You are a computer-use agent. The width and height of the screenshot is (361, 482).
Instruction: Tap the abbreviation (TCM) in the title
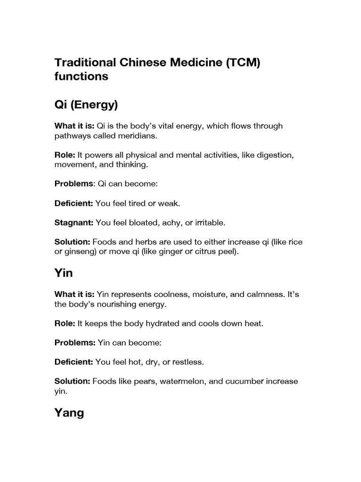click(239, 63)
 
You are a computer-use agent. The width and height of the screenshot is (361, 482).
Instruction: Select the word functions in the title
click(81, 76)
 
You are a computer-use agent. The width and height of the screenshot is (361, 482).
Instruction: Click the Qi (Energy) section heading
click(86, 105)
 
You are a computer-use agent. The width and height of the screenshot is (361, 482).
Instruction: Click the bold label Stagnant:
click(74, 222)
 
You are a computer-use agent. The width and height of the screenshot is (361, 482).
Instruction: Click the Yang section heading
click(69, 413)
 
